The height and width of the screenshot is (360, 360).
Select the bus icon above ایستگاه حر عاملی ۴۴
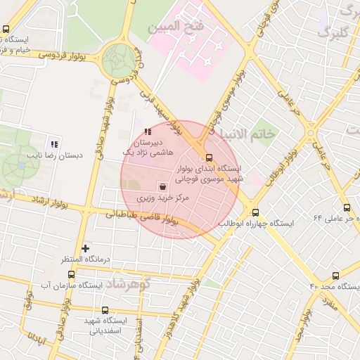coord(347,207)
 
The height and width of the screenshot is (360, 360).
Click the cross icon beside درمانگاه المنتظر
coord(86,248)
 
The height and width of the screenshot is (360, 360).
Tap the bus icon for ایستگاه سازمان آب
coord(70,274)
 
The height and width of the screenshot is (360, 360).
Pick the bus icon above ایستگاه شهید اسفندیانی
coord(105,310)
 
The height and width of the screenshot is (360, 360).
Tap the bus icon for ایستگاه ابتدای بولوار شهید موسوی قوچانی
coord(208,157)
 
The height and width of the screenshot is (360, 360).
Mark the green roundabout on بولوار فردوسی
coord(118,60)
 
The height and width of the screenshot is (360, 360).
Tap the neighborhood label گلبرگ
coord(333,32)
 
